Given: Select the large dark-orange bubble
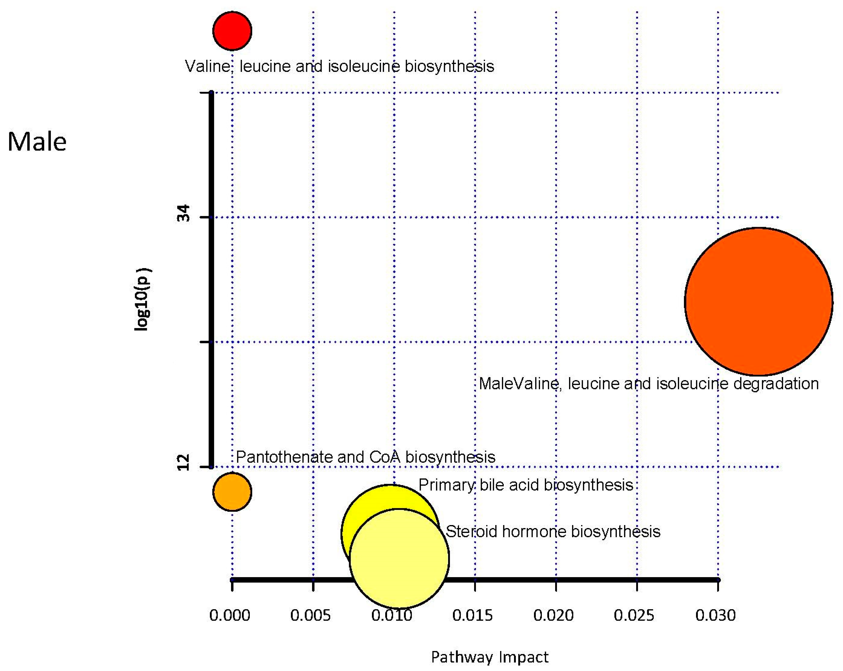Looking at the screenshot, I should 758,301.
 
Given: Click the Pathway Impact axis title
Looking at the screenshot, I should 490,657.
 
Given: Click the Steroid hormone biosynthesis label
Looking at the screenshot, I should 553,532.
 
